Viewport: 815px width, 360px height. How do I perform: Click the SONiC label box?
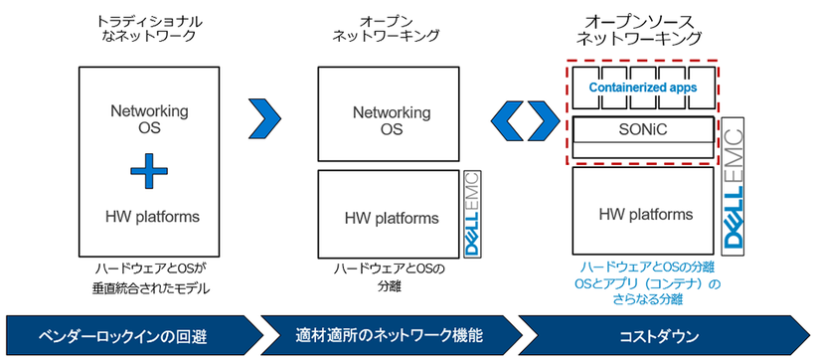642,129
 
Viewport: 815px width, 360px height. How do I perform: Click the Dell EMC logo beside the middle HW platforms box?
472,215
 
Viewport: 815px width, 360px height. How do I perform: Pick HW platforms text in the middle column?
388,218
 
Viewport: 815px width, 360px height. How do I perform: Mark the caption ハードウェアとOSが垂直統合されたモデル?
149,277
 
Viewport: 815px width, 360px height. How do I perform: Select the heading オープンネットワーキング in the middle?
388,29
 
